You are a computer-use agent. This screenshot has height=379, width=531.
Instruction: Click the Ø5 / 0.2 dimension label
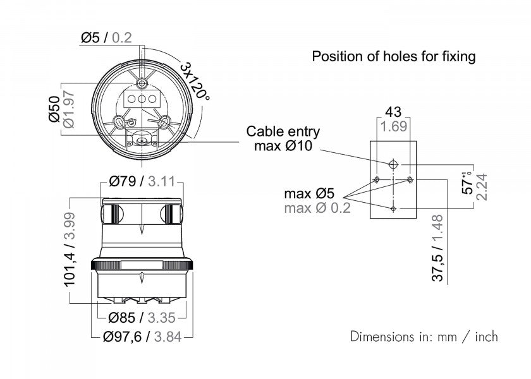pyautogui.click(x=106, y=37)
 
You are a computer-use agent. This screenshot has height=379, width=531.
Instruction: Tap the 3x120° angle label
pyautogui.click(x=195, y=81)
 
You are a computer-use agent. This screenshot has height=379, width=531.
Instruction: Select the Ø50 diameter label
pyautogui.click(x=54, y=109)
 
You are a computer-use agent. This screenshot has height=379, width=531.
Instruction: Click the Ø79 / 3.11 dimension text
pyautogui.click(x=142, y=182)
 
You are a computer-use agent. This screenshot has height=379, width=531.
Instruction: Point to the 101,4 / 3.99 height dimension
pyautogui.click(x=70, y=249)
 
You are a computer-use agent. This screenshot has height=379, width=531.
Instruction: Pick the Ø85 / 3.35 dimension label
pyautogui.click(x=142, y=318)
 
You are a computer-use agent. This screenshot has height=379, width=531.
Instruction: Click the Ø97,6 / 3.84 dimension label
pyautogui.click(x=142, y=336)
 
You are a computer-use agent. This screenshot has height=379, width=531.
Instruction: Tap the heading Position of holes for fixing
pyautogui.click(x=393, y=56)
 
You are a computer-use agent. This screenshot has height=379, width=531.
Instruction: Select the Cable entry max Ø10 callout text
pyautogui.click(x=283, y=139)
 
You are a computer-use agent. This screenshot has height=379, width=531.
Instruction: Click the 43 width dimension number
pyautogui.click(x=393, y=112)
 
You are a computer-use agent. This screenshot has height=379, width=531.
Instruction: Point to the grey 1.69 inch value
pyautogui.click(x=393, y=126)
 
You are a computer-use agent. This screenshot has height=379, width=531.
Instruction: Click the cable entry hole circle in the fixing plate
pyautogui.click(x=393, y=164)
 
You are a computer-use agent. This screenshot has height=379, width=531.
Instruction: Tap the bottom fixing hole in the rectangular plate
pyautogui.click(x=393, y=209)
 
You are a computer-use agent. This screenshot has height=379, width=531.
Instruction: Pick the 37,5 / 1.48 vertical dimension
pyautogui.click(x=437, y=248)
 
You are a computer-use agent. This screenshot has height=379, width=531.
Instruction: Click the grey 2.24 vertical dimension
pyautogui.click(x=482, y=187)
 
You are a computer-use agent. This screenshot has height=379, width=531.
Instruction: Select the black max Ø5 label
pyautogui.click(x=309, y=194)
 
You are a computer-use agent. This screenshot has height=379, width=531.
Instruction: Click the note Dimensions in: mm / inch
pyautogui.click(x=424, y=337)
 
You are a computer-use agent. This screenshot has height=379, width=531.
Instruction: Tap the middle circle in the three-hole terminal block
pyautogui.click(x=141, y=99)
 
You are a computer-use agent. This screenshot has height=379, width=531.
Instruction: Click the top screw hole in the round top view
pyautogui.click(x=141, y=83)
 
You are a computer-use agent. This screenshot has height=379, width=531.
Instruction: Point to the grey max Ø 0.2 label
pyautogui.click(x=317, y=208)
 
